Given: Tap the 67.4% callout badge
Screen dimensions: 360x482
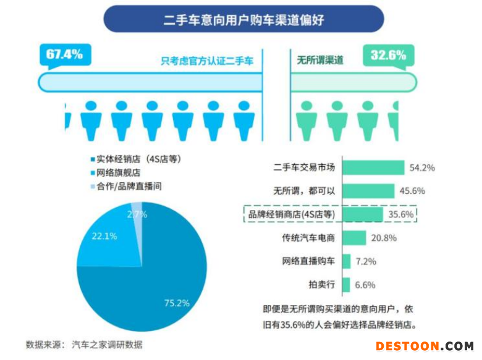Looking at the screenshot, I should pyautogui.click(x=64, y=54).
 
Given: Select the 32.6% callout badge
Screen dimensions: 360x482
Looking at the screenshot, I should pyautogui.click(x=388, y=55).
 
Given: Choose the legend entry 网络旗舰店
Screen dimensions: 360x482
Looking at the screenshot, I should pyautogui.click(x=115, y=172).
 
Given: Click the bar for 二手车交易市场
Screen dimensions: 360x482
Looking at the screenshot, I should pyautogui.click(x=373, y=167).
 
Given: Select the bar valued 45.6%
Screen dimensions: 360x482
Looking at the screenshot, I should pyautogui.click(x=368, y=191).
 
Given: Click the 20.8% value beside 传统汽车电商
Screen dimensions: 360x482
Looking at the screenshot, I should pyautogui.click(x=384, y=238).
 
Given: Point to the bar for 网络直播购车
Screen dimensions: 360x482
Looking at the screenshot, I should pyautogui.click(x=346, y=261).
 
